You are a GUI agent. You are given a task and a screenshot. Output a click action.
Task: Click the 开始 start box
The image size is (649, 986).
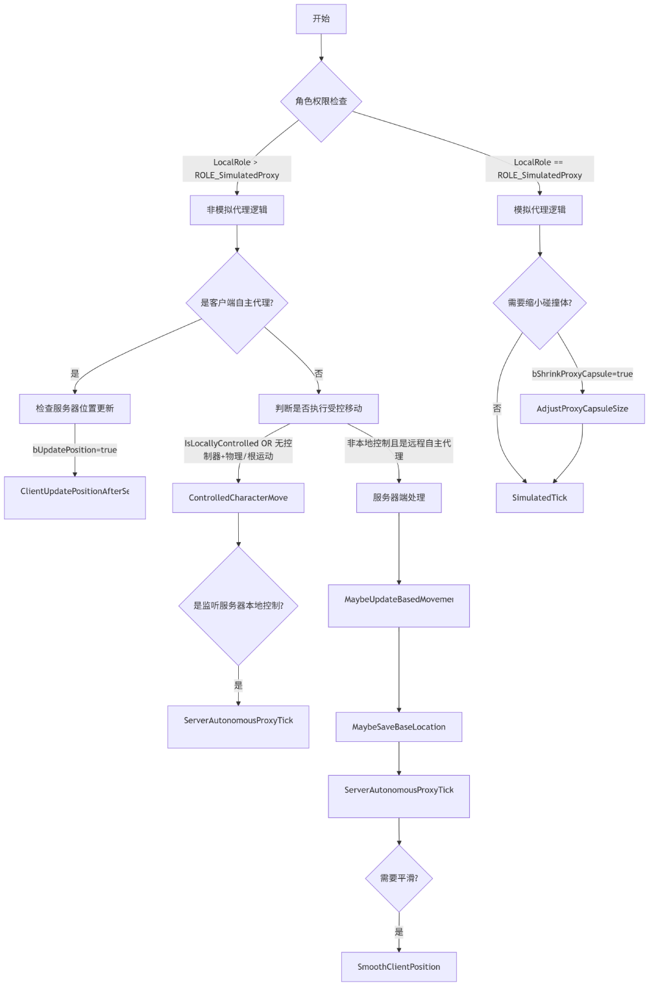[x=321, y=19]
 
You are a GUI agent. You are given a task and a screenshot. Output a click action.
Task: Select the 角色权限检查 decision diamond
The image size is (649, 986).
[x=321, y=101]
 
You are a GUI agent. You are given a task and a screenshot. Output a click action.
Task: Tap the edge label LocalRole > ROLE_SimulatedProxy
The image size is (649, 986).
[x=237, y=169]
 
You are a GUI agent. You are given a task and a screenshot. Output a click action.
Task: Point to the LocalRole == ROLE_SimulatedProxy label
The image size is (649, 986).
[x=539, y=169]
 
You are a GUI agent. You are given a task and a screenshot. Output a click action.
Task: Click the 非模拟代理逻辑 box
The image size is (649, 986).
[x=237, y=210]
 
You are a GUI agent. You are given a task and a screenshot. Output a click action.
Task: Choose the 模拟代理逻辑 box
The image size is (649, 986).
[x=539, y=210]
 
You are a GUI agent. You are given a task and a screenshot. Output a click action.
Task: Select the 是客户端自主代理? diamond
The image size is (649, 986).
[x=237, y=302]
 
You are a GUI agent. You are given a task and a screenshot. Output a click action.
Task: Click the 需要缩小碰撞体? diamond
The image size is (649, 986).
[x=539, y=302]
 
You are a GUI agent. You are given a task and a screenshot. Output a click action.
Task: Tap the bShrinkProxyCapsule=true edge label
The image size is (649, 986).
[x=582, y=374]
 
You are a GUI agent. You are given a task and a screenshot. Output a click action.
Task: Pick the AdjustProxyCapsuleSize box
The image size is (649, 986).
[x=582, y=409]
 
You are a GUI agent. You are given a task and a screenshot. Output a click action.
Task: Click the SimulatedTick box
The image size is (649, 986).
[x=539, y=498]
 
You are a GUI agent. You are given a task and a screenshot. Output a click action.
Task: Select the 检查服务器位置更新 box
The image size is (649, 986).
[x=75, y=409]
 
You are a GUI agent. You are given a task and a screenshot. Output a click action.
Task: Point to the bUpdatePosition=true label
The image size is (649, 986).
[x=75, y=450]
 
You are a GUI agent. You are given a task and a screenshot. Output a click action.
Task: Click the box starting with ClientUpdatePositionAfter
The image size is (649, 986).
[x=75, y=498]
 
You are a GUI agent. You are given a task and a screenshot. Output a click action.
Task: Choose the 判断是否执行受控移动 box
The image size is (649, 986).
[x=319, y=409]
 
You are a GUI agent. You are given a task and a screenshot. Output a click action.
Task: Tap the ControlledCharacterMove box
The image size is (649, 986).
[x=238, y=498]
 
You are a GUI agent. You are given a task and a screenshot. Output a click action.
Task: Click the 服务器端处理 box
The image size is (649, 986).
[x=398, y=498]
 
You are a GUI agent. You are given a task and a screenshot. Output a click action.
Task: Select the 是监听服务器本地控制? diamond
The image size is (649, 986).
[x=238, y=606]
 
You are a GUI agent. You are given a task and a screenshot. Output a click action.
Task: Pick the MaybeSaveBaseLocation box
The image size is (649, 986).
[x=398, y=727]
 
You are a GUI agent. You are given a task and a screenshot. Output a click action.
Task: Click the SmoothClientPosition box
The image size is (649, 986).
[x=398, y=967]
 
